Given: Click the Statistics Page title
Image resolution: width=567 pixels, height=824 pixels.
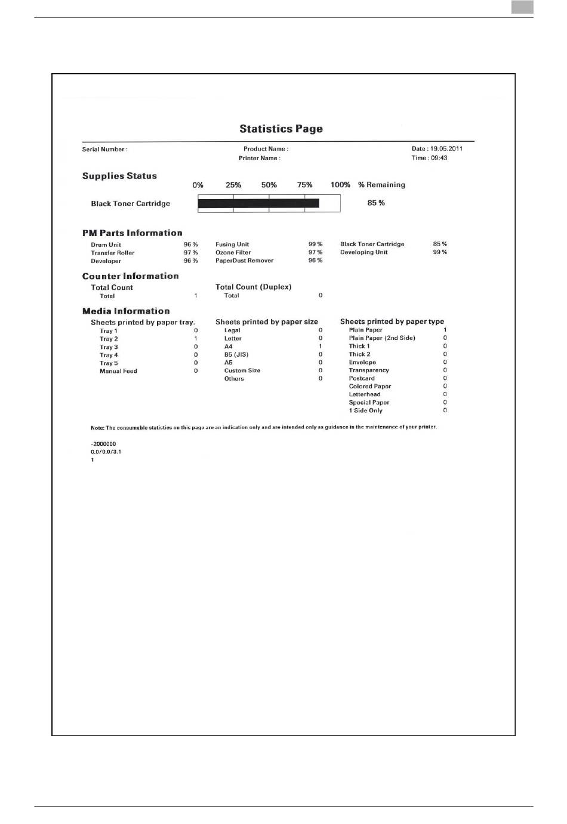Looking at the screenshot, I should click(x=281, y=128).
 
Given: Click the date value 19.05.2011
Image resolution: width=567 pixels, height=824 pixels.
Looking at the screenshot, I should click(x=446, y=149).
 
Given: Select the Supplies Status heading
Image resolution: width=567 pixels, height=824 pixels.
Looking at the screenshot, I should click(x=119, y=176).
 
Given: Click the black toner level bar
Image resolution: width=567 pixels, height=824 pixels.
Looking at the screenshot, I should click(x=258, y=203).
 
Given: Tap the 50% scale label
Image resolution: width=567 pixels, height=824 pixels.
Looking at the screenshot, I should click(x=269, y=185).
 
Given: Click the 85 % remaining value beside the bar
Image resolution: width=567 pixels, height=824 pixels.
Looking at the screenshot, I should click(x=376, y=203).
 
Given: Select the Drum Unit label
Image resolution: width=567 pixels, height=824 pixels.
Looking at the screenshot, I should click(x=106, y=244).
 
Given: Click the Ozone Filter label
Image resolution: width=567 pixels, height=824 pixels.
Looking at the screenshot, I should click(x=233, y=252).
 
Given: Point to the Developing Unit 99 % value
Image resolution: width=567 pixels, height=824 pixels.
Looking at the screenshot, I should click(x=440, y=252).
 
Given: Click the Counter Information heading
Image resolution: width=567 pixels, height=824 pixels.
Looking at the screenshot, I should click(x=130, y=276).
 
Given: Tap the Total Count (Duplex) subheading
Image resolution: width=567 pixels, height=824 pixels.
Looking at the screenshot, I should click(x=253, y=287).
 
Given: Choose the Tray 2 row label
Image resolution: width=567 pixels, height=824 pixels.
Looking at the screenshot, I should click(x=109, y=339).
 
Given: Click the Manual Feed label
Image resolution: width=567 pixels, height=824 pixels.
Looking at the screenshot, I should click(x=118, y=371).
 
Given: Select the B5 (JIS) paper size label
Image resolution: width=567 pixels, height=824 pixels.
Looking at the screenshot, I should click(x=236, y=354).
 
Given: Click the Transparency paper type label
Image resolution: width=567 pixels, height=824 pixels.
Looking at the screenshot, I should click(x=368, y=370).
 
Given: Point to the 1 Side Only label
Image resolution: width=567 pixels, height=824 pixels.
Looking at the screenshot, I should click(x=365, y=411).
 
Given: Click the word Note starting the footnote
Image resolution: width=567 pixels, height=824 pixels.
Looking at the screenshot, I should click(x=97, y=428).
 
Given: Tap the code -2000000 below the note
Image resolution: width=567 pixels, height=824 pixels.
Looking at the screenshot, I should click(x=103, y=444).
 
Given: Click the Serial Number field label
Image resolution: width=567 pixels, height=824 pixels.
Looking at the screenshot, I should click(x=104, y=149).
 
